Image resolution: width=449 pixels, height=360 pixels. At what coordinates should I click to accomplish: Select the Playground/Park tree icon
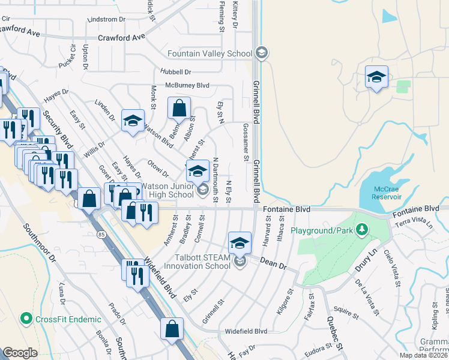(x=361, y=230)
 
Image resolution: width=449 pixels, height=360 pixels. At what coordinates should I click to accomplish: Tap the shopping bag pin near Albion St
(x=179, y=109)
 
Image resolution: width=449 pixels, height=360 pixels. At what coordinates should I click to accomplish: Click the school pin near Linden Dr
(x=133, y=121)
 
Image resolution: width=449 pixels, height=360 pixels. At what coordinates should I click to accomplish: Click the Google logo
(x=20, y=353)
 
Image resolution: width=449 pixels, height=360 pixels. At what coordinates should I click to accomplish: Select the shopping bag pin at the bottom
(x=172, y=329)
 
